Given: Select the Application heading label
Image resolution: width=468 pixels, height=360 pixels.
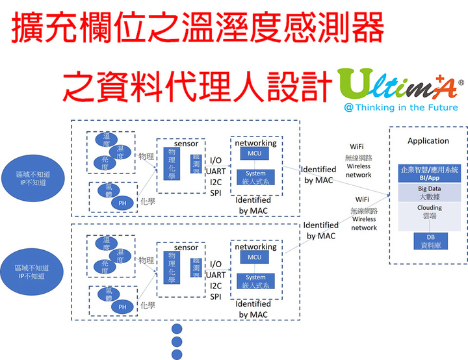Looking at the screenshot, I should click(428, 141).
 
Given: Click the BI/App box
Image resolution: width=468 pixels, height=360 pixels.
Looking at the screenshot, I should click(428, 172).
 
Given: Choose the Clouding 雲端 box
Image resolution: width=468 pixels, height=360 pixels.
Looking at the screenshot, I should click(428, 212).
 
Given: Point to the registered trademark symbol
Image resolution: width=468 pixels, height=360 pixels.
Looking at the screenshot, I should click(461, 83).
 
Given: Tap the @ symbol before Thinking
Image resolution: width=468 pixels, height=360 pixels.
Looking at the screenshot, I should click(349, 107).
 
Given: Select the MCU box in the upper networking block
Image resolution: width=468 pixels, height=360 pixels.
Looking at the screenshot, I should click(255, 153).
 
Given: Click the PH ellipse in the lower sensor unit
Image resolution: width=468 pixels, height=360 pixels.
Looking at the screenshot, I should click(122, 307).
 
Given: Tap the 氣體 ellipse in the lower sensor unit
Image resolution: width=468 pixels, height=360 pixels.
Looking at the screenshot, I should click(109, 294).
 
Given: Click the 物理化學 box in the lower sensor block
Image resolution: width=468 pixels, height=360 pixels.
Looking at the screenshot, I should click(172, 267).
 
